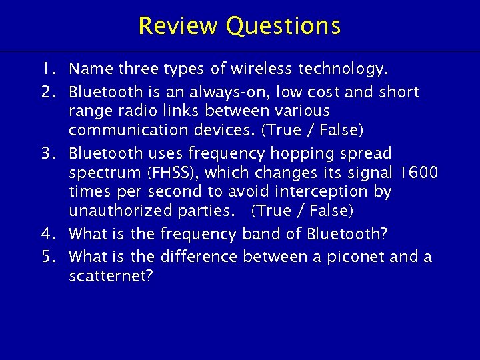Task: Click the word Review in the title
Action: tap(178, 26)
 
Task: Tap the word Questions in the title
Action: tap(283, 26)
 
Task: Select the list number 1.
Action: tap(46, 68)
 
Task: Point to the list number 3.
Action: tap(46, 153)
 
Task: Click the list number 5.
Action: tap(46, 256)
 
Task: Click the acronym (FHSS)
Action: tap(171, 173)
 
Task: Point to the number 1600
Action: tap(418, 173)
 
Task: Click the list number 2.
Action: tap(46, 91)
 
